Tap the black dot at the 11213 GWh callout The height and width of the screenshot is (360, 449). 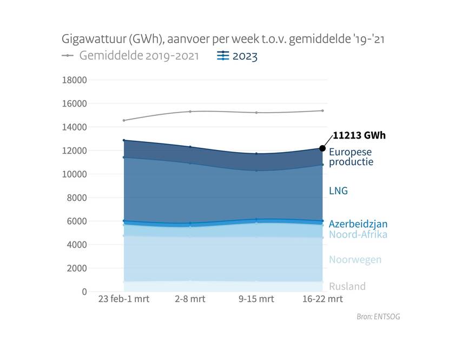(322, 148)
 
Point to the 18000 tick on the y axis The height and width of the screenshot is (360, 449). (75, 80)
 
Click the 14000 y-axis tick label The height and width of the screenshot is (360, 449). (75, 127)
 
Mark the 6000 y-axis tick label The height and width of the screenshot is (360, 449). (77, 221)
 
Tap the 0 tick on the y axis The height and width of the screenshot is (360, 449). (84, 292)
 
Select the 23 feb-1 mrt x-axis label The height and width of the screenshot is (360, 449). (123, 299)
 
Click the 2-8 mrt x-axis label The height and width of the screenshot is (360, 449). (190, 299)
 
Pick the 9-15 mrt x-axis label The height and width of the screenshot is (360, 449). (256, 299)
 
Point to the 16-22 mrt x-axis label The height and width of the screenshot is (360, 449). (322, 299)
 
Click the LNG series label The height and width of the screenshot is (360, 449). (338, 191)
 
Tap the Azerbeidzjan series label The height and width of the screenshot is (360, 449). (358, 224)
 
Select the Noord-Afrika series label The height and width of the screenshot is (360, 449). (358, 234)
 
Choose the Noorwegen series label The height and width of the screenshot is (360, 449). (355, 259)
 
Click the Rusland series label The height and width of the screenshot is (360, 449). (347, 286)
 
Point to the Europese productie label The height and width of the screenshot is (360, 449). (351, 156)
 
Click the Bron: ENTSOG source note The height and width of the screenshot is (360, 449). (379, 317)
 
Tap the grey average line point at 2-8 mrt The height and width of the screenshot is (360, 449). (190, 112)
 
